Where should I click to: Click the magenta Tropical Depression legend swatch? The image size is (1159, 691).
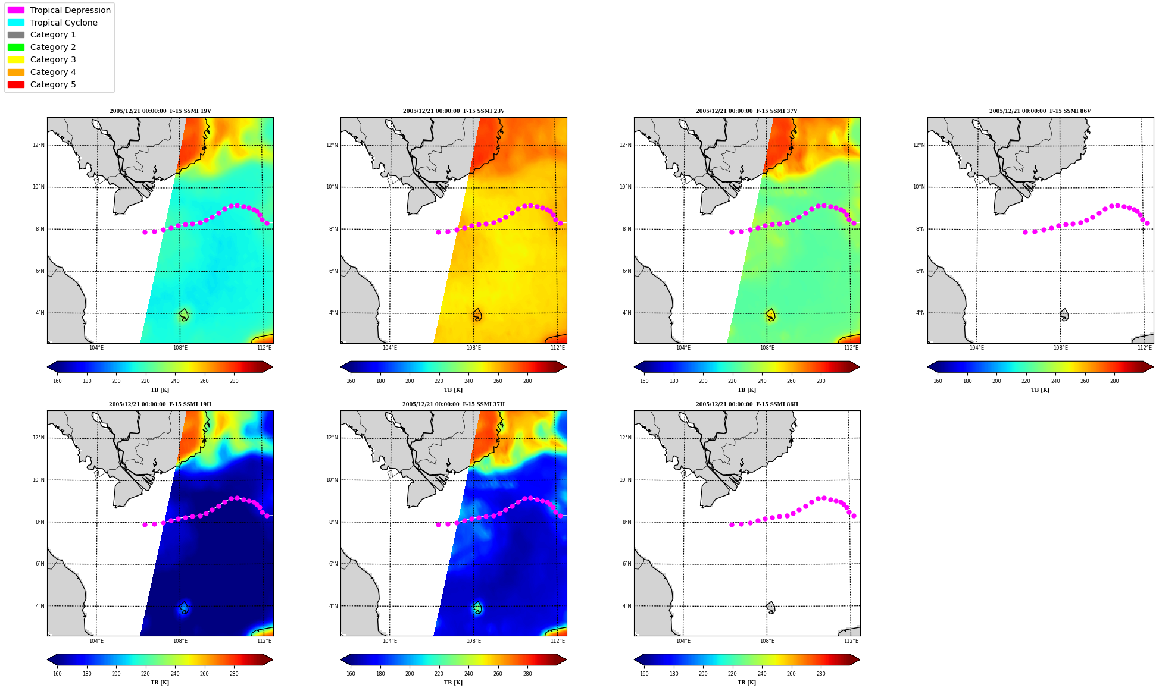(x=16, y=10)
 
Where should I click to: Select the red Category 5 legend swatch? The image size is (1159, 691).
(x=16, y=84)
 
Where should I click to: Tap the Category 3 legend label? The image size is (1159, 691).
(x=53, y=59)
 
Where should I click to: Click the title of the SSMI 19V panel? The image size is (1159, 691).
(x=160, y=111)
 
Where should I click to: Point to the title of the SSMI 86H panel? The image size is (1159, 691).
(x=747, y=404)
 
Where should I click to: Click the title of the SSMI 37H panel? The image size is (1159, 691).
(x=454, y=404)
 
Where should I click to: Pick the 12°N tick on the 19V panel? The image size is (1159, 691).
(x=38, y=145)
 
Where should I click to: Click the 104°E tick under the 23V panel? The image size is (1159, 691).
(x=390, y=348)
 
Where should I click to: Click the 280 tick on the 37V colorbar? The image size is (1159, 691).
(x=821, y=381)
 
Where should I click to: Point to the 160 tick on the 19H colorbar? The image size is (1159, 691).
(x=57, y=674)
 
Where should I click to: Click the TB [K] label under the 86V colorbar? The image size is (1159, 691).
(x=1041, y=390)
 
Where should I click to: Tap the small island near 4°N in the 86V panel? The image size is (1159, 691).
(x=1064, y=315)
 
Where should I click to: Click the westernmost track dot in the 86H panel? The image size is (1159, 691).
(x=732, y=524)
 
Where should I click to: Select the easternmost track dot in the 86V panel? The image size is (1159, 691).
(x=1147, y=223)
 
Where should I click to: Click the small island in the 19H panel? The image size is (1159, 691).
(x=184, y=608)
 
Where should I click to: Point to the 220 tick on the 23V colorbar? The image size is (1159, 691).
(x=439, y=381)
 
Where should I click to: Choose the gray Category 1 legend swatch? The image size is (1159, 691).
(x=16, y=34)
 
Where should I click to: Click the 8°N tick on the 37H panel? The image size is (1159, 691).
(x=333, y=522)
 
